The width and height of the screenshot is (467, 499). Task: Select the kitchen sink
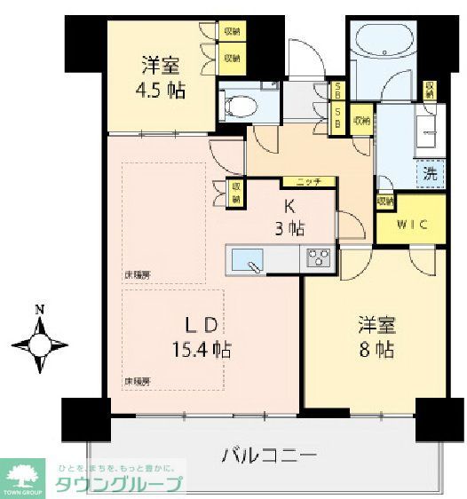(248, 260)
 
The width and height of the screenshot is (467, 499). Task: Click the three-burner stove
(319, 259)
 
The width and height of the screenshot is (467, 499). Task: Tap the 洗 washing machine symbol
(429, 174)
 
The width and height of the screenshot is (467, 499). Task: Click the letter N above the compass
(39, 310)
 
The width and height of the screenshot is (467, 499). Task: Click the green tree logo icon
(26, 478)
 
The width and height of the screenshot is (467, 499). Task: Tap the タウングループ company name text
(118, 485)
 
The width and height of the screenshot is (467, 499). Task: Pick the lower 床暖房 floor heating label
(138, 381)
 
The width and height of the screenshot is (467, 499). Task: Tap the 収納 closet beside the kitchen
(236, 193)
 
